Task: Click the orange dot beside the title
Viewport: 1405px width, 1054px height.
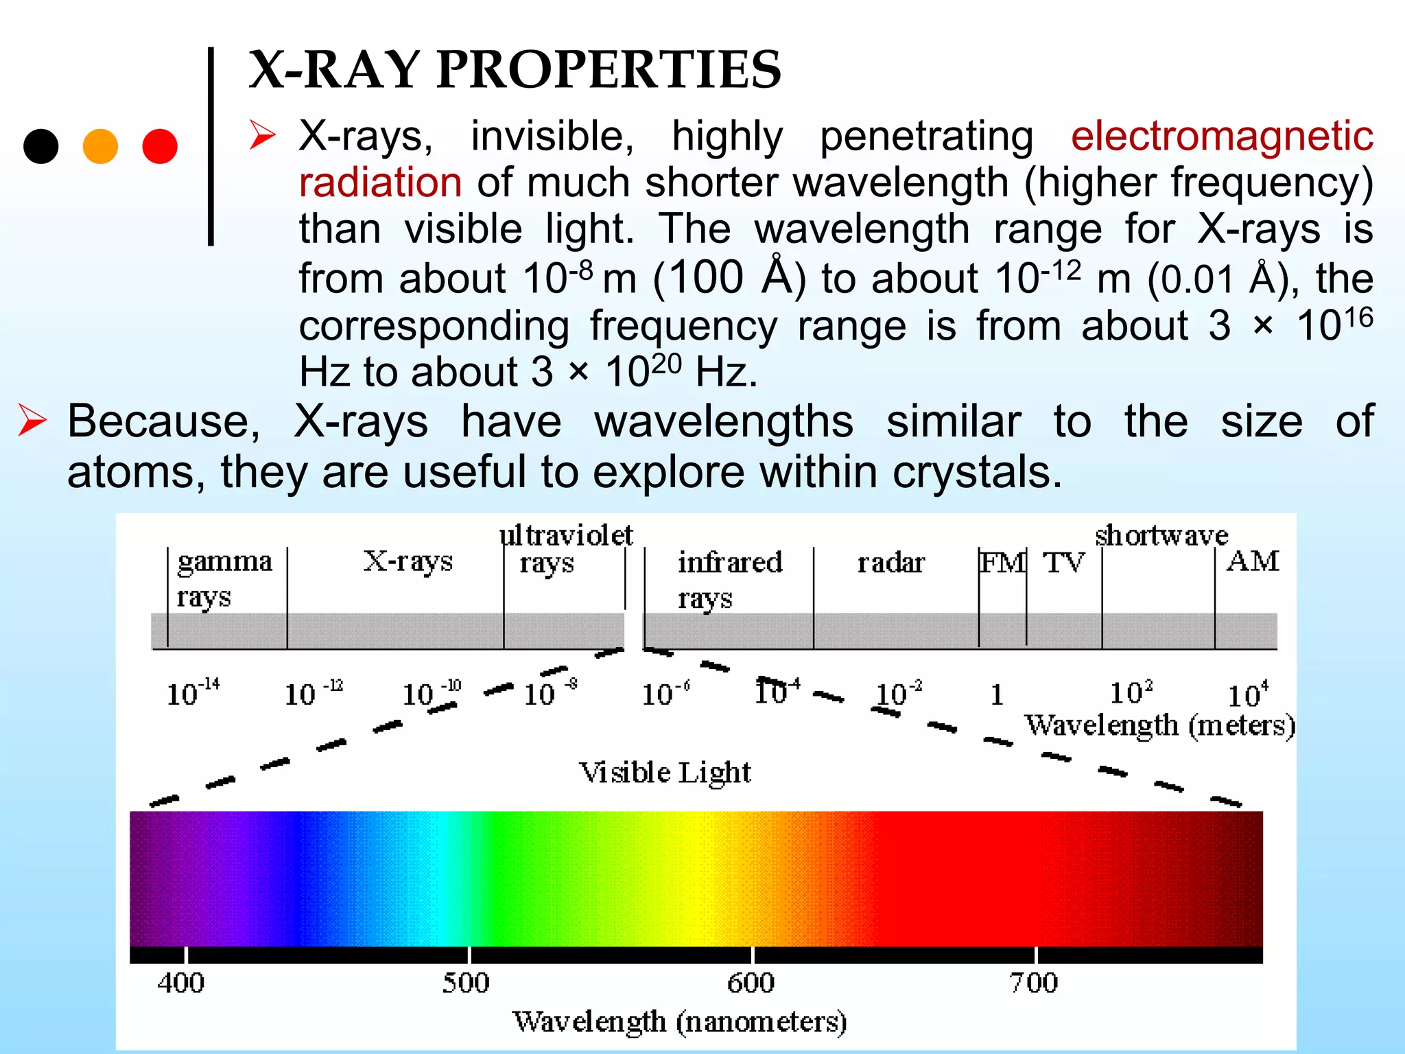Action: pos(100,146)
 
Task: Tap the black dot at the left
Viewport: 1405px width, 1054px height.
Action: pos(40,146)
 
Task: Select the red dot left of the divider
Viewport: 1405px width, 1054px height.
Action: pos(160,146)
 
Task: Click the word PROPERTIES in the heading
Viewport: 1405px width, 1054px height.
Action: pos(609,70)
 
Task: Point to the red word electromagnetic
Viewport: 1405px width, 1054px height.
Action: pos(1221,136)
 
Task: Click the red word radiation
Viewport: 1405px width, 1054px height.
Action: pos(380,183)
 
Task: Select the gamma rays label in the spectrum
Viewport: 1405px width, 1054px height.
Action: pos(224,578)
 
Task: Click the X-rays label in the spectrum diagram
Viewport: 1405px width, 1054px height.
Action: pos(408,561)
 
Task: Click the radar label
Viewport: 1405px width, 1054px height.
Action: pos(891,563)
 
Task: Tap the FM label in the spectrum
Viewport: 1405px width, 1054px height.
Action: pos(1002,563)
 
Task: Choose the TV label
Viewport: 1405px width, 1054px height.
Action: pos(1063,563)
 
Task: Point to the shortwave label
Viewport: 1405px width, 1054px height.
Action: pos(1161,535)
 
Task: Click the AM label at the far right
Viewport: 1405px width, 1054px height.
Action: pos(1252,561)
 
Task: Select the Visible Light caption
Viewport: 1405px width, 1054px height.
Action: pos(665,773)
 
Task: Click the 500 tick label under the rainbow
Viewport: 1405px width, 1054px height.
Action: pos(466,983)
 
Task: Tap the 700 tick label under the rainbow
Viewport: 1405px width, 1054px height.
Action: pos(1033,983)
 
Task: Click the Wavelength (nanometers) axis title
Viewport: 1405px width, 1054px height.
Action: pos(679,1022)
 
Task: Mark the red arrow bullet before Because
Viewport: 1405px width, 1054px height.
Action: pos(32,421)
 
